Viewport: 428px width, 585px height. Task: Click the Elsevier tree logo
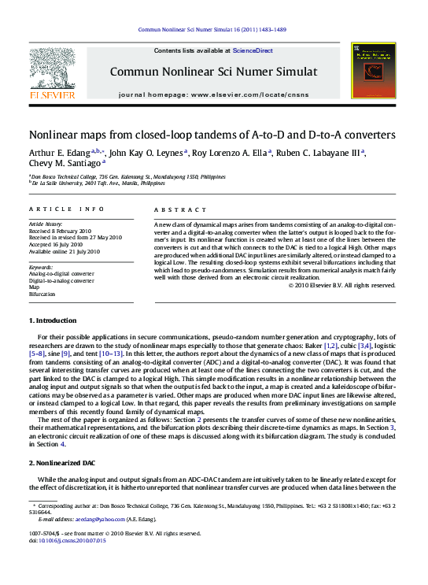pyautogui.click(x=53, y=69)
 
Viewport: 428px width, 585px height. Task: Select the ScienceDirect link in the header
pyautogui.click(x=253, y=50)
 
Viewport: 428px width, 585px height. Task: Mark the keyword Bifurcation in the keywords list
pyautogui.click(x=42, y=294)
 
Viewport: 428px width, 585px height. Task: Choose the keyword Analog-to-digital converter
pyautogui.click(x=61, y=274)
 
